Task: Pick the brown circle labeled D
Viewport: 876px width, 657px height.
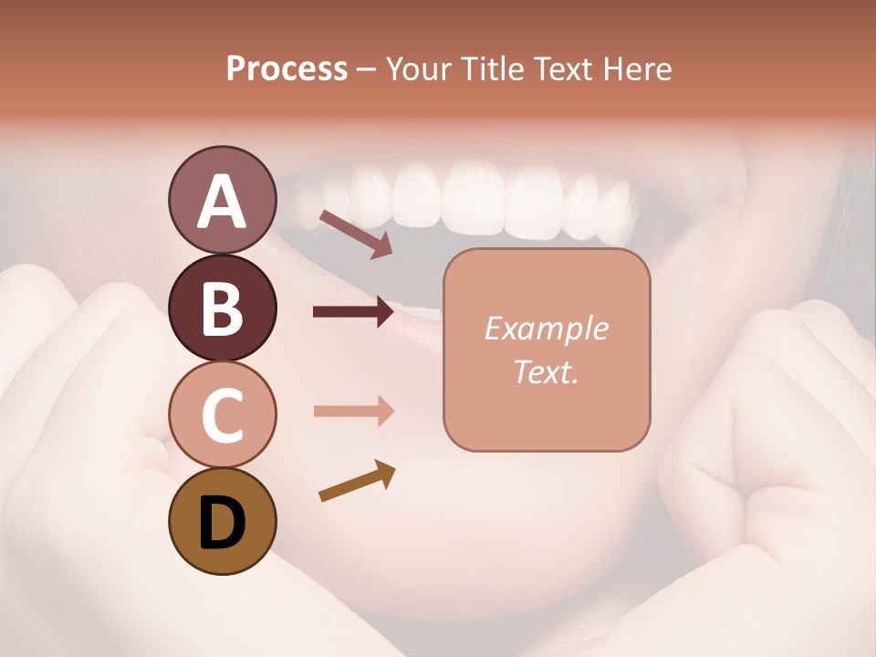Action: point(222,521)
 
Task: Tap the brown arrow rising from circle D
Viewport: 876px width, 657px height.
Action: point(357,482)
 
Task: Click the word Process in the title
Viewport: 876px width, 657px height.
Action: point(287,68)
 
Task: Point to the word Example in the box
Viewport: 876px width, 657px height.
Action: point(546,328)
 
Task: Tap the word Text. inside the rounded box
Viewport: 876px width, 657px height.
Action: point(546,371)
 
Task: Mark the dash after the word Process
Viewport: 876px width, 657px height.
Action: point(366,70)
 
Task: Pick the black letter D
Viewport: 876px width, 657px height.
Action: point(222,524)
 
